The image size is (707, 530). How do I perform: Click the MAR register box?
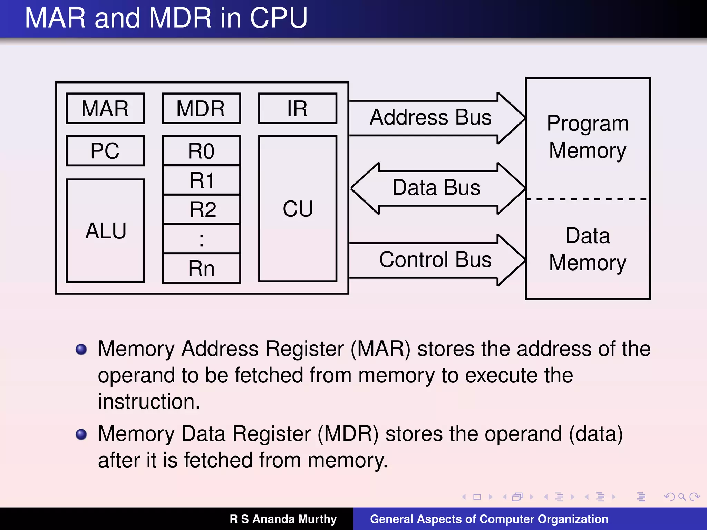click(105, 108)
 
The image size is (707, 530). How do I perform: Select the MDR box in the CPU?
click(201, 108)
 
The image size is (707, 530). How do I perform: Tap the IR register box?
click(297, 108)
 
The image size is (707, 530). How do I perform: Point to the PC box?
click(105, 151)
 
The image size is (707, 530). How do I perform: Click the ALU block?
click(105, 230)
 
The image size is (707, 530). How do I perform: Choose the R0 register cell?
click(201, 151)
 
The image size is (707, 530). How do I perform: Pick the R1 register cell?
click(201, 180)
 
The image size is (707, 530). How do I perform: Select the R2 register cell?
click(201, 209)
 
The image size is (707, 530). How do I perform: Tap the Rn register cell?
click(201, 268)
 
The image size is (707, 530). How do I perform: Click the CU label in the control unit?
click(298, 209)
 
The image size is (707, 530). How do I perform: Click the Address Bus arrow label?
click(430, 117)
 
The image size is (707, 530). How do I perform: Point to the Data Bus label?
click(436, 188)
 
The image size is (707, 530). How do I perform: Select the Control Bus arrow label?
click(435, 259)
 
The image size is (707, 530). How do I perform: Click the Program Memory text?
click(588, 137)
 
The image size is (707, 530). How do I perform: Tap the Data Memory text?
click(588, 249)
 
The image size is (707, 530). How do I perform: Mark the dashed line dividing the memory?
click(587, 199)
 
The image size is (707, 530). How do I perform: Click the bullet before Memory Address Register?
click(81, 349)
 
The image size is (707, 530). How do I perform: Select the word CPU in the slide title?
click(278, 18)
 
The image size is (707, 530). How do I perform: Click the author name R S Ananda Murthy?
click(283, 519)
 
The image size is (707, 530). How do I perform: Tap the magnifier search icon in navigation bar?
click(682, 497)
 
